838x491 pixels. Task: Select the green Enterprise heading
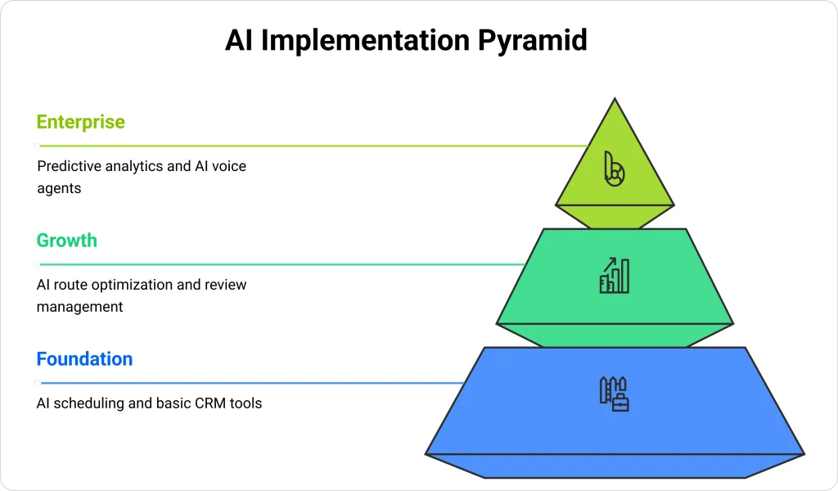click(x=81, y=122)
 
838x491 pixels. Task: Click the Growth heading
click(x=67, y=241)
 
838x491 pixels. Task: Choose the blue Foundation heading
click(x=84, y=359)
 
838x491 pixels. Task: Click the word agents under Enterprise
click(x=59, y=188)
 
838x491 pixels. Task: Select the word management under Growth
click(x=80, y=307)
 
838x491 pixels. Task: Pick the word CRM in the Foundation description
click(x=205, y=403)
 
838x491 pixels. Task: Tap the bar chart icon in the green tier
click(x=614, y=276)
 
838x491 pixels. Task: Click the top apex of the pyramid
click(x=614, y=100)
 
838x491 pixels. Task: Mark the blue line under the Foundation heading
click(x=246, y=383)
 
